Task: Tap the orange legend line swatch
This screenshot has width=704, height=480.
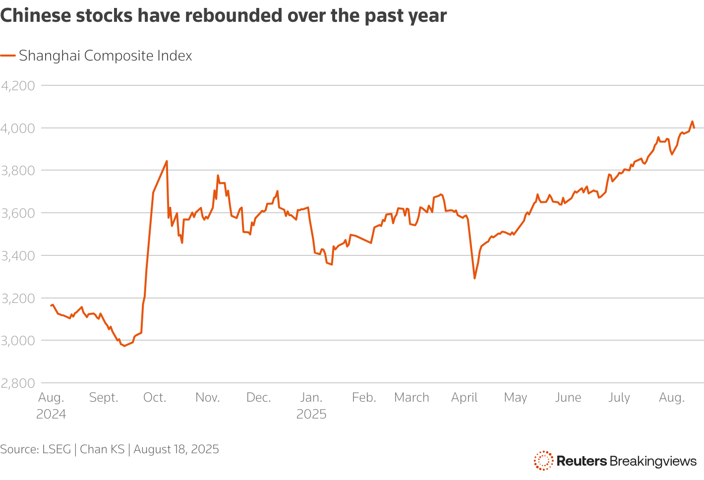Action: pyautogui.click(x=8, y=56)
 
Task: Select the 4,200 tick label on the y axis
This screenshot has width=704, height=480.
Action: pyautogui.click(x=18, y=86)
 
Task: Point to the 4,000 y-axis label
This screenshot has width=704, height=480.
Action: pyautogui.click(x=18, y=128)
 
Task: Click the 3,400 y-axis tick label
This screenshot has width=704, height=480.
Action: pyautogui.click(x=18, y=256)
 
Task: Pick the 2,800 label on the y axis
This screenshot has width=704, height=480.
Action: pyautogui.click(x=18, y=383)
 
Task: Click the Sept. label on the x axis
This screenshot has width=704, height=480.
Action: pyautogui.click(x=104, y=398)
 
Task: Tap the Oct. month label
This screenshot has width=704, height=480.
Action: pyautogui.click(x=155, y=398)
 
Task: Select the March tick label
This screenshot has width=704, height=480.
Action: pyautogui.click(x=411, y=398)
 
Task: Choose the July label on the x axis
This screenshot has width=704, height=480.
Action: pyautogui.click(x=619, y=398)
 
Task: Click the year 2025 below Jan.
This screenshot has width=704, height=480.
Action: pyautogui.click(x=311, y=415)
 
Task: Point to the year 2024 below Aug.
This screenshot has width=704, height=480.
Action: pyautogui.click(x=51, y=415)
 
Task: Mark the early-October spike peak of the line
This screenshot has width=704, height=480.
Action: pyautogui.click(x=167, y=161)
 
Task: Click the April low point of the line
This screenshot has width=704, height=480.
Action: pyautogui.click(x=474, y=278)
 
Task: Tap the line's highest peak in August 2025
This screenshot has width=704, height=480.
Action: pyautogui.click(x=692, y=121)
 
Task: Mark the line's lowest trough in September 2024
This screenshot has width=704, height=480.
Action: pyautogui.click(x=124, y=346)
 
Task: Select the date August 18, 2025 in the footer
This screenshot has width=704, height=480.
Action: pyautogui.click(x=176, y=449)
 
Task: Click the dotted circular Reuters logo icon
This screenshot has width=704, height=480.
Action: pyautogui.click(x=543, y=461)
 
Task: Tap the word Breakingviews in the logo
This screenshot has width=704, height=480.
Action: pyautogui.click(x=653, y=461)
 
